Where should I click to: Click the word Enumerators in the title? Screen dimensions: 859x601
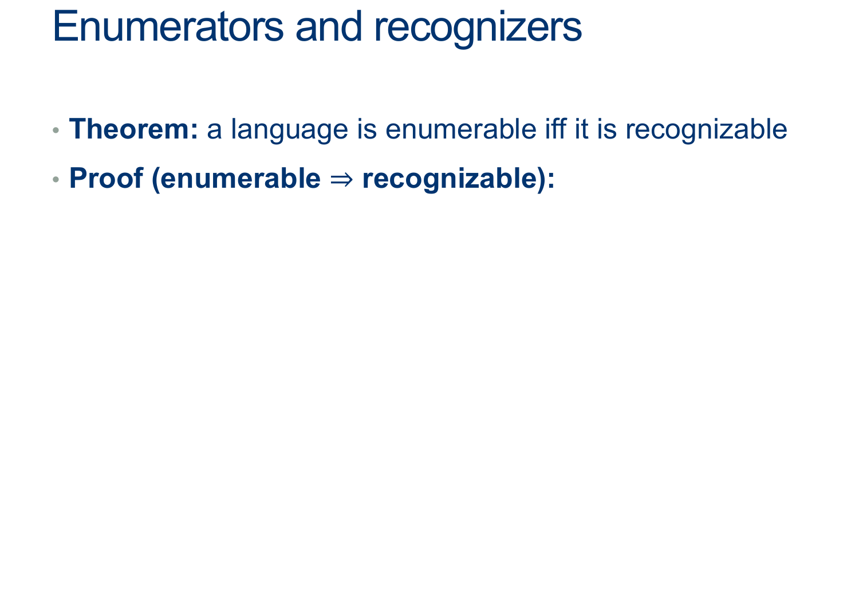[168, 26]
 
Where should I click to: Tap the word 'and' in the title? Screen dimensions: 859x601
[329, 26]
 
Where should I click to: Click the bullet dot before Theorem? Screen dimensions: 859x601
[56, 131]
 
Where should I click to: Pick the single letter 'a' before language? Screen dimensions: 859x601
[214, 132]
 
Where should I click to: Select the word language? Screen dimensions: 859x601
[290, 131]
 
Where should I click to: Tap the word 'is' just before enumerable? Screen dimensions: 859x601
[367, 129]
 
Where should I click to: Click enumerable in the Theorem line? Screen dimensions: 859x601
[461, 129]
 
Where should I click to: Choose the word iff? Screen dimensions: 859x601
[555, 129]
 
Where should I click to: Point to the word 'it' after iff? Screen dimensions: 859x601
[581, 129]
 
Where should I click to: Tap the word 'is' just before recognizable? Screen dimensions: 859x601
[606, 129]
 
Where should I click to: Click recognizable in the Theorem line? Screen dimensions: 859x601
[706, 131]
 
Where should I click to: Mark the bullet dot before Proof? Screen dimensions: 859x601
[56, 179]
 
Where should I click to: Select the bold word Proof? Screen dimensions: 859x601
[106, 178]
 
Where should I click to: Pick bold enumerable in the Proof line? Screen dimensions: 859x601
[241, 178]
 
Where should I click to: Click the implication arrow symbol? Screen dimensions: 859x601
[341, 179]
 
